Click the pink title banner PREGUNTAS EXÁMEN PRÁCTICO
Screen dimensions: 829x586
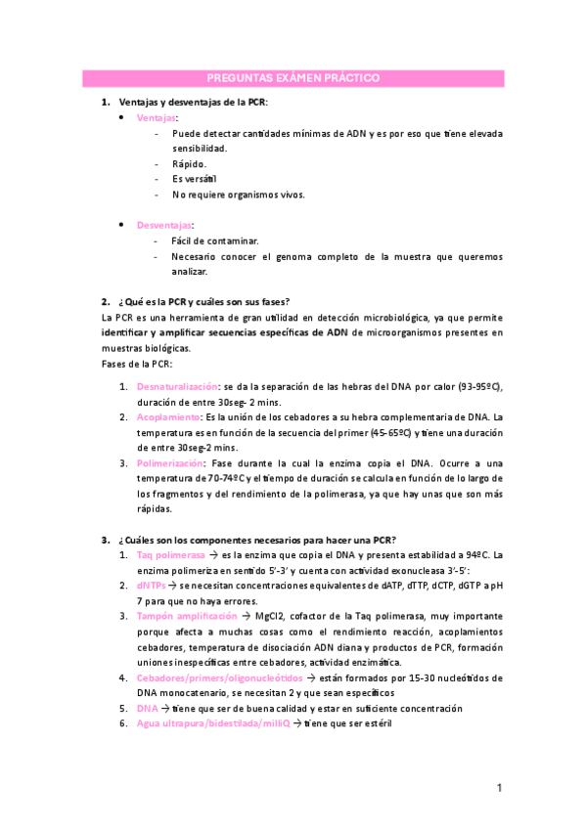point(293,78)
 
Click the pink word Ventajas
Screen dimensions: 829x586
point(157,117)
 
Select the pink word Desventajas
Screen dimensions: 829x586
point(164,225)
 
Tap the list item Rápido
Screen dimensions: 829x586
point(189,163)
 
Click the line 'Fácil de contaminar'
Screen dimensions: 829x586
point(215,240)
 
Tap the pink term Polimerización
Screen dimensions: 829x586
point(170,462)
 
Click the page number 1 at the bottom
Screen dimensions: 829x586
point(499,787)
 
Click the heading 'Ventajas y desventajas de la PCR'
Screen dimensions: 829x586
point(193,102)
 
